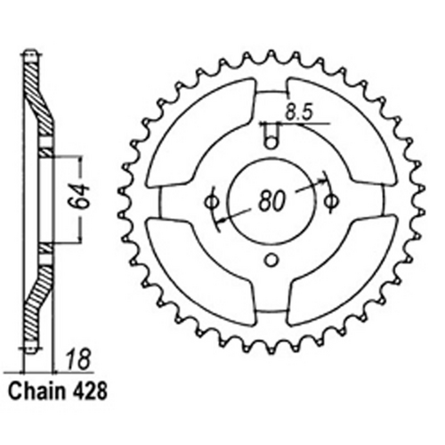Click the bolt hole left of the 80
[212, 198]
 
